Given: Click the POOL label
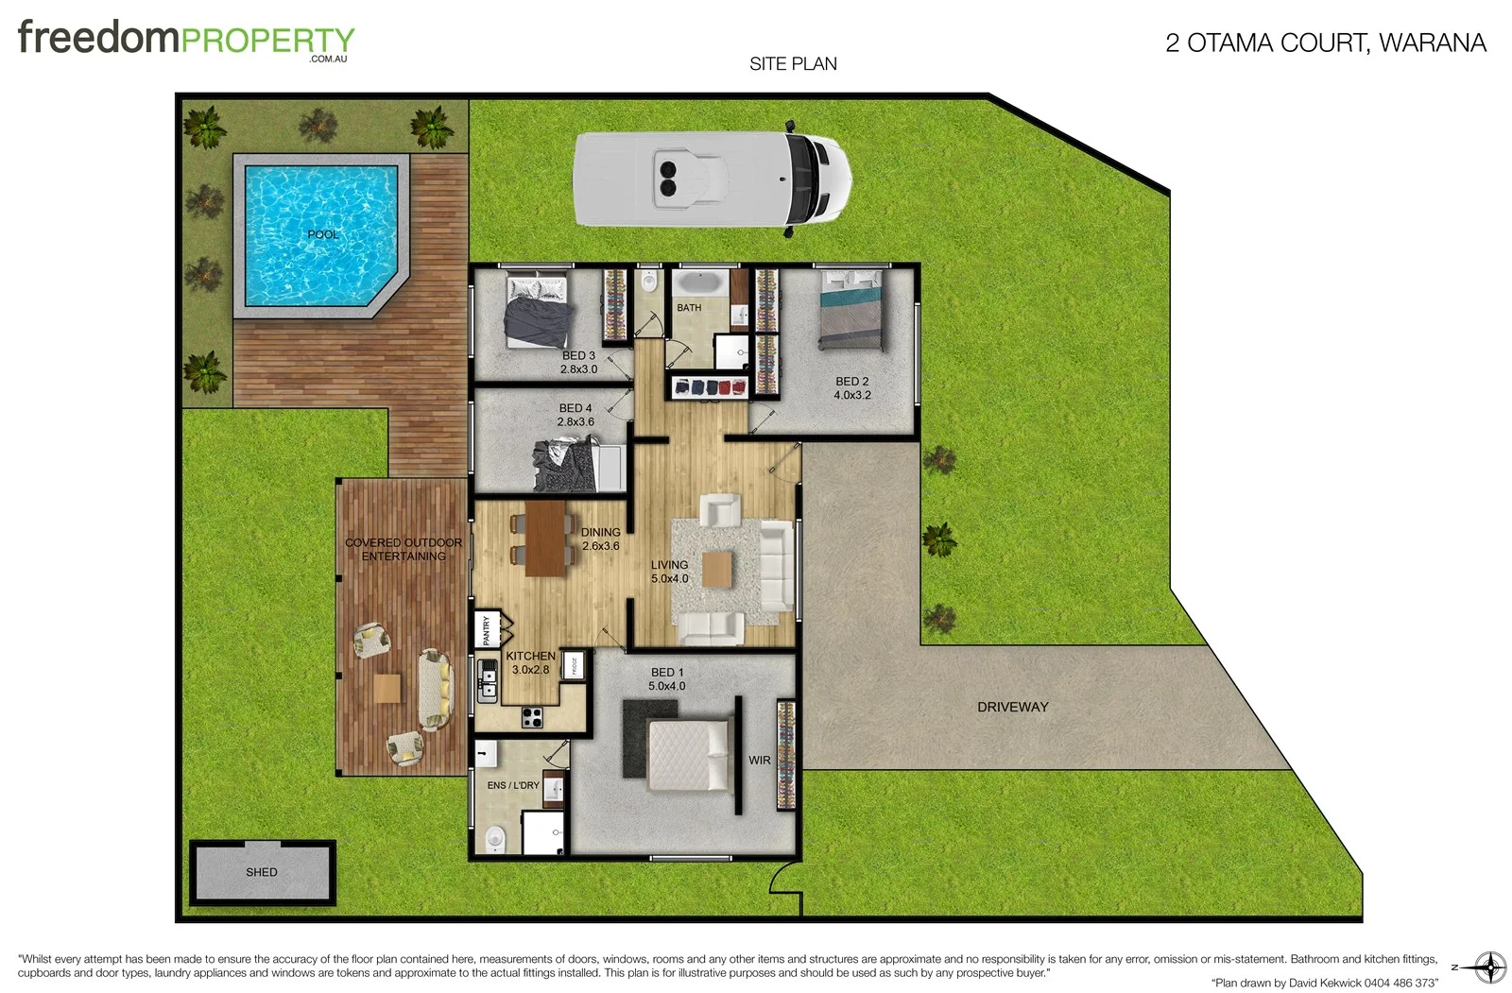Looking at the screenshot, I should point(322,234).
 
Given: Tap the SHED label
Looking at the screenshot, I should point(262,872).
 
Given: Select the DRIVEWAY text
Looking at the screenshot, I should point(1012,707).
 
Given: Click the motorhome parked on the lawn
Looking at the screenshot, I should point(713,180).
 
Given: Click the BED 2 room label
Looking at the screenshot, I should point(851,382).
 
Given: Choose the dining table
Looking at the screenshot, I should point(545,538).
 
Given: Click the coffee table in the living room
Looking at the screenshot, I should point(717,570).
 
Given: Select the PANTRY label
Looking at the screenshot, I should point(487,630).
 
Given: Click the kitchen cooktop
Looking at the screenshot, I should point(532,717).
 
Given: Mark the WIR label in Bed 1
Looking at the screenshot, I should point(760,760).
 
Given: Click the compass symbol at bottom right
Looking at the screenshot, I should point(1490,967).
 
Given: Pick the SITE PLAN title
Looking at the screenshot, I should point(793,64).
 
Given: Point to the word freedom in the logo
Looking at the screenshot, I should point(98,38).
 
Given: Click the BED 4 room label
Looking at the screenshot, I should point(576,408).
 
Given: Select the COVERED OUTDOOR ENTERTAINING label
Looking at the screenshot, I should point(404,549).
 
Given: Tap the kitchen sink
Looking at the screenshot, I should point(488,680).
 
